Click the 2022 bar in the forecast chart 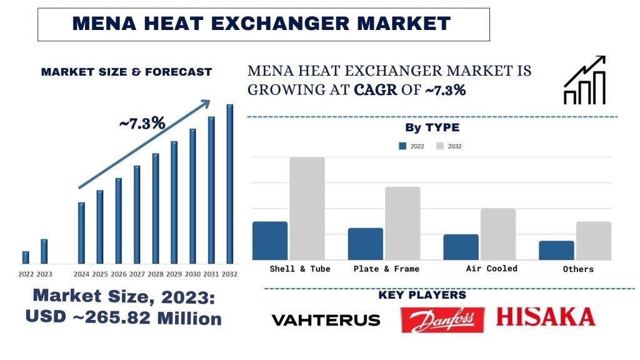coord(26,257)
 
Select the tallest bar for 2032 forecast coord(230,184)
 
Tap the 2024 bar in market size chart coord(81,232)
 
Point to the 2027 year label coord(137,274)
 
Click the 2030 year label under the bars coord(192,274)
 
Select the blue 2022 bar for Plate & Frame coord(366,244)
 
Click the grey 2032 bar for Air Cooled coord(498,234)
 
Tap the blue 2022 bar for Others coord(556,250)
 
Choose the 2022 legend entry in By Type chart coord(412,146)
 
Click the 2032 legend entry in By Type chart coord(449,146)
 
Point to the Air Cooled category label coord(492,268)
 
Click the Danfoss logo coord(443,319)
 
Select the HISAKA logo coord(546,317)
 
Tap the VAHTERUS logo coord(326,320)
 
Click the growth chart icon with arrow coord(585,80)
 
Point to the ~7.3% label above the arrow coord(142,123)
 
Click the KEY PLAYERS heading coord(422,295)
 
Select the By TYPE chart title coord(432,127)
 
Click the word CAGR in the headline coord(375,89)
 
